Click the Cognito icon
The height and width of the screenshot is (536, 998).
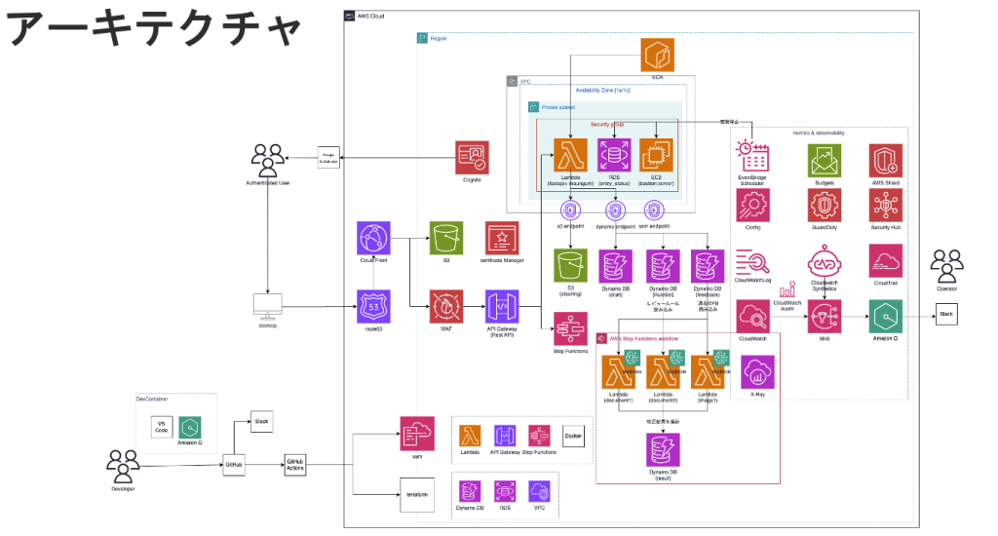tap(472, 156)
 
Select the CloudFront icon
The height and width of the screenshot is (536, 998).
tap(374, 238)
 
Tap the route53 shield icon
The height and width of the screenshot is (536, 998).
tap(374, 306)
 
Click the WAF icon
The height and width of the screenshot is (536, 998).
tap(445, 306)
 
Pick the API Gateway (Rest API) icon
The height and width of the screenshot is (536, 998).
tap(501, 306)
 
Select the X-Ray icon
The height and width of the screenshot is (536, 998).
tap(757, 372)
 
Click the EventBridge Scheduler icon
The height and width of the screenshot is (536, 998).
tap(753, 156)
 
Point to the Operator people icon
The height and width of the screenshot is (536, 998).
tap(944, 265)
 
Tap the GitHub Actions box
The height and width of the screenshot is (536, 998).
tap(295, 464)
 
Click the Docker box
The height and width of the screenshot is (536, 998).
tap(573, 435)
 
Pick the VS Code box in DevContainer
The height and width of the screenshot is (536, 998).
tap(161, 426)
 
